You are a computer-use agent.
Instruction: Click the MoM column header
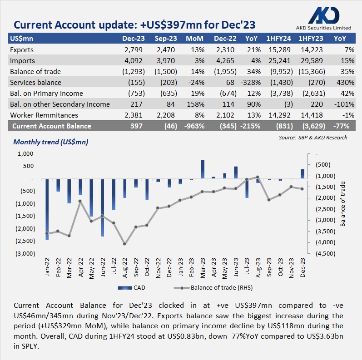[x=194, y=39]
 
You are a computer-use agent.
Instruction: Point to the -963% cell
[x=194, y=126]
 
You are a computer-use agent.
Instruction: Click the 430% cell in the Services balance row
[x=346, y=82]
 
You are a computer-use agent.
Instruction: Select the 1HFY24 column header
[x=278, y=39]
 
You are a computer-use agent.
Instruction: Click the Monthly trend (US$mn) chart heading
[x=51, y=142]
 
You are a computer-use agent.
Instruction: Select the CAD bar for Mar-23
[x=203, y=169]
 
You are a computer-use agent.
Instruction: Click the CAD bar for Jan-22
[x=47, y=209]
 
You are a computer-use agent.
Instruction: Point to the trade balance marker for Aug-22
[x=124, y=244]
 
